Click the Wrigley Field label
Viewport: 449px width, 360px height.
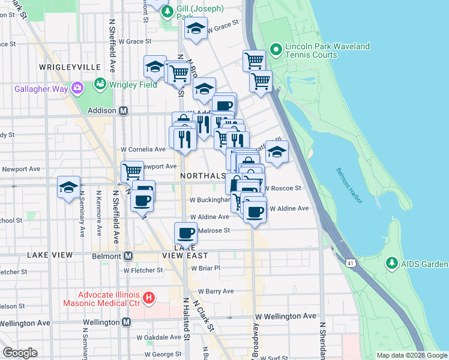133,85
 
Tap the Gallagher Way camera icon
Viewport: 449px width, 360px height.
77,89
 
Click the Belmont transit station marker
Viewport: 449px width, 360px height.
127,256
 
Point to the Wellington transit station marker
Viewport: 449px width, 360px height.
126,322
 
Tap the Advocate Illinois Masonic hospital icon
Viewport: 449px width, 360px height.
149,297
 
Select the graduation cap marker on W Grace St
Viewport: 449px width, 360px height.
196,29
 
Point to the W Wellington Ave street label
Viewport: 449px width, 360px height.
285,316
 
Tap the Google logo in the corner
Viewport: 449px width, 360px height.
20,353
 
